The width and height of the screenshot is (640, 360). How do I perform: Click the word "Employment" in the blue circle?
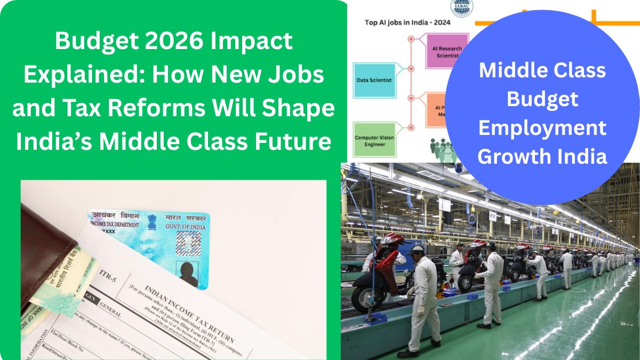[542, 128]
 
